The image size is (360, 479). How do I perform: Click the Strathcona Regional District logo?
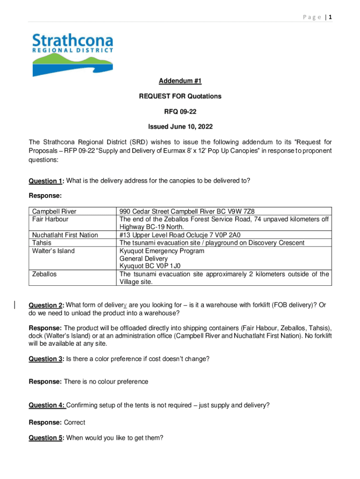(72, 54)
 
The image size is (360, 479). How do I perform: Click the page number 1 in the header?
(330, 17)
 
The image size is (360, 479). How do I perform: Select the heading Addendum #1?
(180, 81)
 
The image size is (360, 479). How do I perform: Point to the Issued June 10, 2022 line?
(180, 126)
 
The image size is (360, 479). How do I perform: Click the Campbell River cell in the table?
(53, 211)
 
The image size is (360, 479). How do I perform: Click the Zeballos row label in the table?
(44, 274)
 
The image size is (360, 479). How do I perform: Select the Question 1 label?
(46, 181)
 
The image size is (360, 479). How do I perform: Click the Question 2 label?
(46, 305)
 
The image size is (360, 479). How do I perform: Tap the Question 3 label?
(46, 359)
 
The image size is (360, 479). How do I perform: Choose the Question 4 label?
(46, 405)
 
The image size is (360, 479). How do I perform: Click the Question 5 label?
(46, 438)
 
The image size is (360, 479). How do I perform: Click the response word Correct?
(74, 422)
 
